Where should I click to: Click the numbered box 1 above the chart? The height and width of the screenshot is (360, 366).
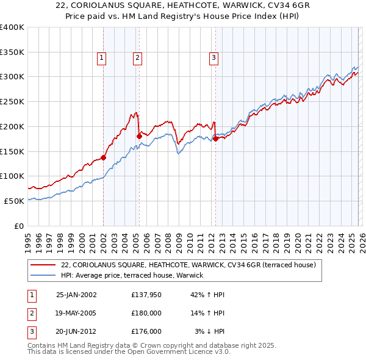[101, 58]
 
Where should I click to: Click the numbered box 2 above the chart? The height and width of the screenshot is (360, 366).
[137, 58]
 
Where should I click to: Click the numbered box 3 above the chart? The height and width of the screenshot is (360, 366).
[214, 58]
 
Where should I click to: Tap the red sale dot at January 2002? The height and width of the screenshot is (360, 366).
[103, 157]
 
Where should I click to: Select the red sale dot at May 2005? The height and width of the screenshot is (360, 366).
[139, 136]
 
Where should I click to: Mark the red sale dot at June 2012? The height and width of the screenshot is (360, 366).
[215, 139]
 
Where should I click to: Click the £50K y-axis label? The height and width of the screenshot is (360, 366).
[13, 201]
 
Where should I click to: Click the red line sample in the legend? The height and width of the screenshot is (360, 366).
[44, 265]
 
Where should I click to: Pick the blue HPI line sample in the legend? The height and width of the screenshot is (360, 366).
[44, 275]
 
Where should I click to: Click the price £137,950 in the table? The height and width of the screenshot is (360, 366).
[146, 294]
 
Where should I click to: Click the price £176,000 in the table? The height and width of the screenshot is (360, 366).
[146, 331]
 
